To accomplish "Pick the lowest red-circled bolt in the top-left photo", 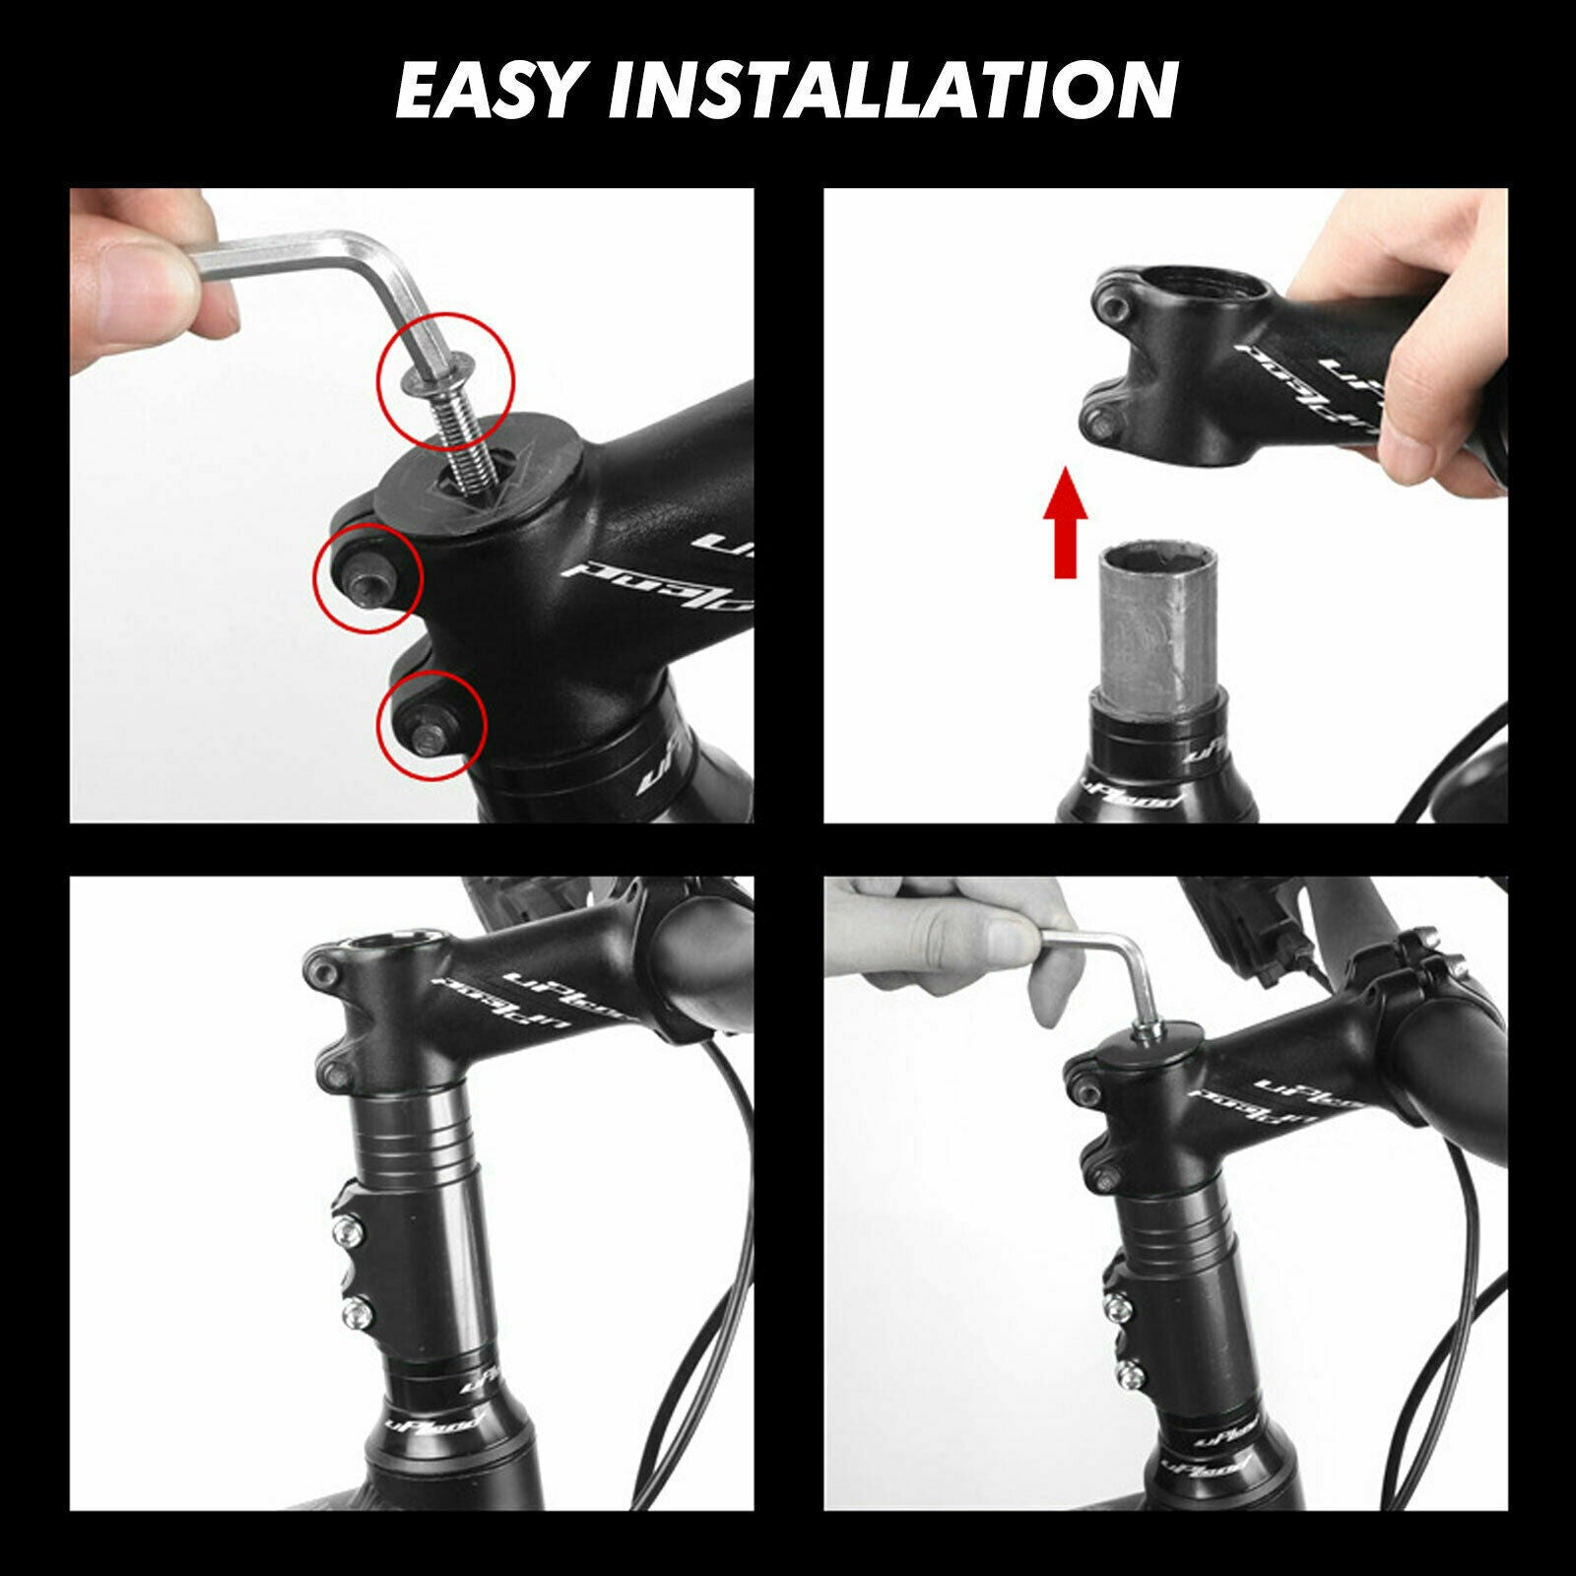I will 431,726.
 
